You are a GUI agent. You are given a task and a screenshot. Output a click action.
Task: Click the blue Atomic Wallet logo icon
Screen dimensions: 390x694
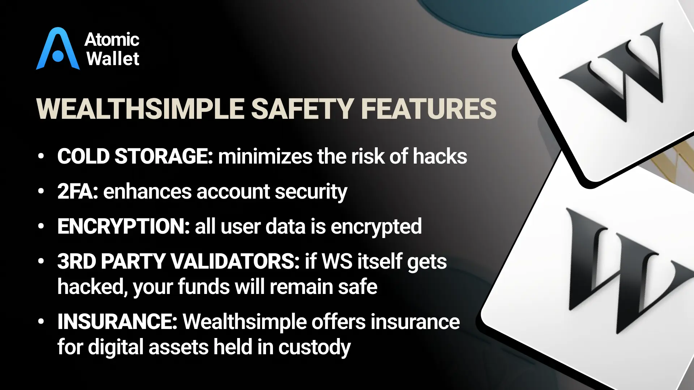pyautogui.click(x=58, y=49)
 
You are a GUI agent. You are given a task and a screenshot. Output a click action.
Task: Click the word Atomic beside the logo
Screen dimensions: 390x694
pyautogui.click(x=112, y=39)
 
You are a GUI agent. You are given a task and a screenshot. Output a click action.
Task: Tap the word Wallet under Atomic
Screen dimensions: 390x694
pyautogui.click(x=113, y=59)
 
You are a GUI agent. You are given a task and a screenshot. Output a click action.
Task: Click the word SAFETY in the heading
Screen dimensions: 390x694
pyautogui.click(x=303, y=109)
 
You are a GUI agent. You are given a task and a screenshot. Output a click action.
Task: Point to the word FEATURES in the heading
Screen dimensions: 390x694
pyautogui.click(x=429, y=109)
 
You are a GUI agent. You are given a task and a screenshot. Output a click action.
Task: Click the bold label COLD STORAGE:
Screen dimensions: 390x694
pyautogui.click(x=135, y=157)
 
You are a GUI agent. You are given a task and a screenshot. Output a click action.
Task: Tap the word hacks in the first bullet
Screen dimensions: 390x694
pyautogui.click(x=440, y=157)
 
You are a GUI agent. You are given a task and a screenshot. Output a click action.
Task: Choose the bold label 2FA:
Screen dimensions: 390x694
pyautogui.click(x=78, y=191)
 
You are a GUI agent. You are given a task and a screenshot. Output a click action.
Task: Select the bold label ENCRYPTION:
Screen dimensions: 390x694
pyautogui.click(x=124, y=226)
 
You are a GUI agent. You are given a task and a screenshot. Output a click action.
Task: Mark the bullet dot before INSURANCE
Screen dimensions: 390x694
pyautogui.click(x=41, y=321)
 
